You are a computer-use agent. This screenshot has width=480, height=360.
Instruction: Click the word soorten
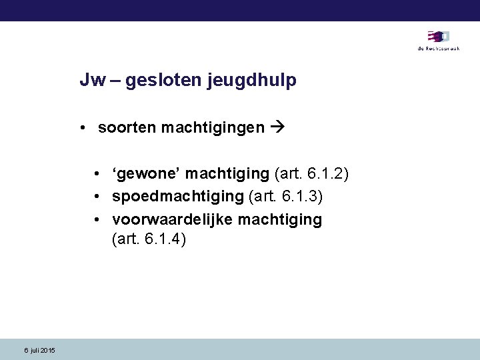pyautogui.click(x=127, y=127)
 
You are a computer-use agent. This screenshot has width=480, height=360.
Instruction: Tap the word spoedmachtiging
pyautogui.click(x=178, y=197)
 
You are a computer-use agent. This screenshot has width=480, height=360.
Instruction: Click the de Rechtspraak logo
pyautogui.click(x=438, y=39)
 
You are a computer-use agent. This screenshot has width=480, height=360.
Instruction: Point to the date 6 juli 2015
pyautogui.click(x=39, y=351)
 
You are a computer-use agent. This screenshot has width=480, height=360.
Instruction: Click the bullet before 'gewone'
pyautogui.click(x=98, y=175)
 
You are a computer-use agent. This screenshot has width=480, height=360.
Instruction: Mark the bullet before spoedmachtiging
pyautogui.click(x=98, y=197)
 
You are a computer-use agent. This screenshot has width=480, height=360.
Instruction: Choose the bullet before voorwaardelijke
pyautogui.click(x=98, y=220)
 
